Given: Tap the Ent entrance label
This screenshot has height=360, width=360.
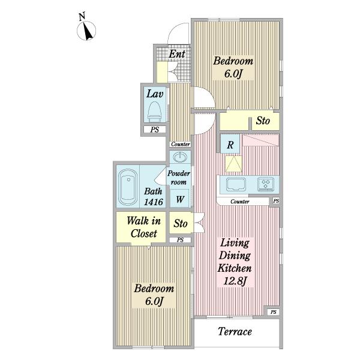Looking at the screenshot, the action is pos(177,54).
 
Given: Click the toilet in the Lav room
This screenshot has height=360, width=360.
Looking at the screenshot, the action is pos(154,112).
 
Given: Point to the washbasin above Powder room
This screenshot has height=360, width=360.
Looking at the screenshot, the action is pos(180,157).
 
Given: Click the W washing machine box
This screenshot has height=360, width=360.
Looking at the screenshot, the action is pos(180,199).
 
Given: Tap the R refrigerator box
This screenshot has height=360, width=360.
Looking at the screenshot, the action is pos(230,144).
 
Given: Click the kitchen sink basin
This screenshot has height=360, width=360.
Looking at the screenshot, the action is pos(236,184).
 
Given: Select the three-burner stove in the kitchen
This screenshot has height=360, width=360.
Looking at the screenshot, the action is pos(265,184).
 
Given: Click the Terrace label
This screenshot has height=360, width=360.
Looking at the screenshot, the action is pos(235,331).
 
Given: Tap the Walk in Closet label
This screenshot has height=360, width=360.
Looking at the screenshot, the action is pos(144,227).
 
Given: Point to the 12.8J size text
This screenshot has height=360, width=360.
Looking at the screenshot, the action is pos(235,281).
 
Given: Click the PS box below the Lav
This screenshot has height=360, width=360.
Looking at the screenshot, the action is pos(155,130).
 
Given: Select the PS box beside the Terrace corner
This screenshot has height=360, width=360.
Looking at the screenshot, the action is pos(273,312).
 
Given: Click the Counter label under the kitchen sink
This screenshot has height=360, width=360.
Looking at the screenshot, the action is pos(239,202).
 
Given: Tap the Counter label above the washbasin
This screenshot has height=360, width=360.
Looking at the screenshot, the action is pos(181,144).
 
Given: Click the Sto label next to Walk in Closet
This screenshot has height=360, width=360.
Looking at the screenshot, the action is pos(181,223).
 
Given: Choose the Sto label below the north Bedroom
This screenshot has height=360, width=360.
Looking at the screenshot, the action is pos(263,121).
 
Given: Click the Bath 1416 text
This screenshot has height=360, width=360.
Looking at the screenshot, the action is pos(154,197).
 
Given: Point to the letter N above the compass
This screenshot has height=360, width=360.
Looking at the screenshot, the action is pos(82,17).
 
